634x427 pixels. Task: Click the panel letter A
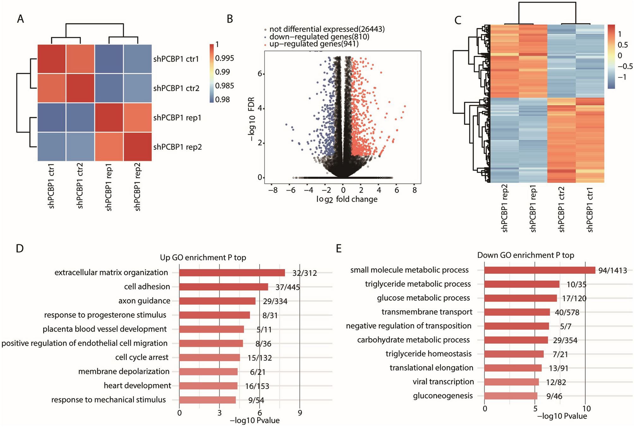pos(21,19)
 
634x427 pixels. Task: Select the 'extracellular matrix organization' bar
pos(232,273)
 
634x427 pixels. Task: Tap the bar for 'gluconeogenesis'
pos(510,396)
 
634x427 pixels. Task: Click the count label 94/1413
pos(613,271)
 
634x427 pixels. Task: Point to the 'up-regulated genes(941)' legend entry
pos(314,44)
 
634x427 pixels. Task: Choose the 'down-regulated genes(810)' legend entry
pos(319,37)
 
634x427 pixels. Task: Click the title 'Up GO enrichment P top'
pos(203,258)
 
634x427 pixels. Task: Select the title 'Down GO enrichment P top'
pos(525,255)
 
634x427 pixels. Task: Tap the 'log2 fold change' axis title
pos(347,199)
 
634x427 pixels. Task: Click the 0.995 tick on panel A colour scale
pos(225,58)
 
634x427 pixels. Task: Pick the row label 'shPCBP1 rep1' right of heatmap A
pos(177,118)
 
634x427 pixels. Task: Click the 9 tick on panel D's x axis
pos(300,413)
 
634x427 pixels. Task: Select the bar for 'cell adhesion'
pos(223,287)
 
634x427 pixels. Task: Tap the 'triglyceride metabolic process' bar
pos(522,284)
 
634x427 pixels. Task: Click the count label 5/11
pos(264,330)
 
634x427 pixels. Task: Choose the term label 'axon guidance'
pos(144,301)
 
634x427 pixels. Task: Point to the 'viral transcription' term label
pos(443,382)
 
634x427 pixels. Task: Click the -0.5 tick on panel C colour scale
pos(625,66)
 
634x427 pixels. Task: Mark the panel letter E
pos(339,249)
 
